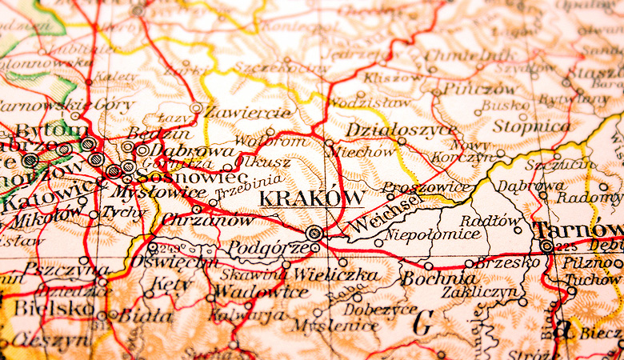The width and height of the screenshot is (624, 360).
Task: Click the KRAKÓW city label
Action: [314, 198]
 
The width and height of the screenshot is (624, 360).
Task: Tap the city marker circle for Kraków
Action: [314, 233]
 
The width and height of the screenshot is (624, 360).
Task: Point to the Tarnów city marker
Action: [546, 246]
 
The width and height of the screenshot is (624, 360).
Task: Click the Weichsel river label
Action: [384, 212]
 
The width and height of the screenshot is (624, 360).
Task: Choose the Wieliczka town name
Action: [335, 274]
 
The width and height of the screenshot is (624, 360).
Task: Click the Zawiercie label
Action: [248, 112]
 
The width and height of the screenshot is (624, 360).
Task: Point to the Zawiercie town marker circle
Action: [196, 106]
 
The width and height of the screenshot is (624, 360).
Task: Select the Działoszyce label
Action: [391, 130]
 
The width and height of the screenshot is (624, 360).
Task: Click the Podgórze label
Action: [268, 248]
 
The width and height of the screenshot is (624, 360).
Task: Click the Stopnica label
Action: [531, 126]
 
